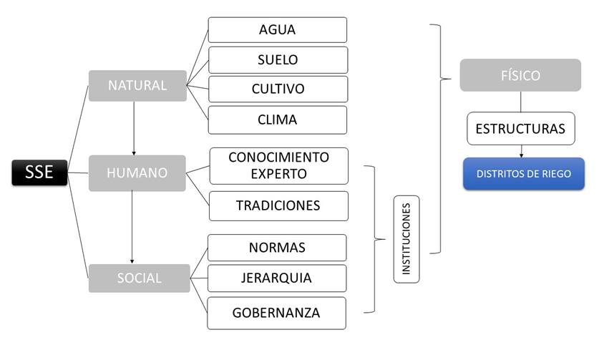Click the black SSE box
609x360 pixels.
click(x=39, y=173)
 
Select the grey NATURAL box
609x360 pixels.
click(x=137, y=86)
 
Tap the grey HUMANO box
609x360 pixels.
click(x=137, y=173)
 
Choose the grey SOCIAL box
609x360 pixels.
click(x=139, y=278)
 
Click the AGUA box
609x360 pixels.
click(x=278, y=30)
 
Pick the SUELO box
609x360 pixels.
click(x=278, y=59)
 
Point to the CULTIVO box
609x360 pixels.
click(x=278, y=89)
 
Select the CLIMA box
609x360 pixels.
click(x=278, y=120)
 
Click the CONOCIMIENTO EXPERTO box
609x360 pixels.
click(x=278, y=165)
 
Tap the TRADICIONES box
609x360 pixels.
click(x=278, y=205)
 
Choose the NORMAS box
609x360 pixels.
click(x=277, y=248)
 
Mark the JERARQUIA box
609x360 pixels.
click(x=277, y=278)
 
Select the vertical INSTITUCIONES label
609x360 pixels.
click(x=406, y=239)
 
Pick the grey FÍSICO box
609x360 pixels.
click(x=520, y=75)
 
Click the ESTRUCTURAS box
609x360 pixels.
click(x=520, y=129)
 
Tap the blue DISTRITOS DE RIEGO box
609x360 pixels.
click(x=523, y=173)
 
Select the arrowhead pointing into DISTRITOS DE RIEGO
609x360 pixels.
click(x=521, y=154)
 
